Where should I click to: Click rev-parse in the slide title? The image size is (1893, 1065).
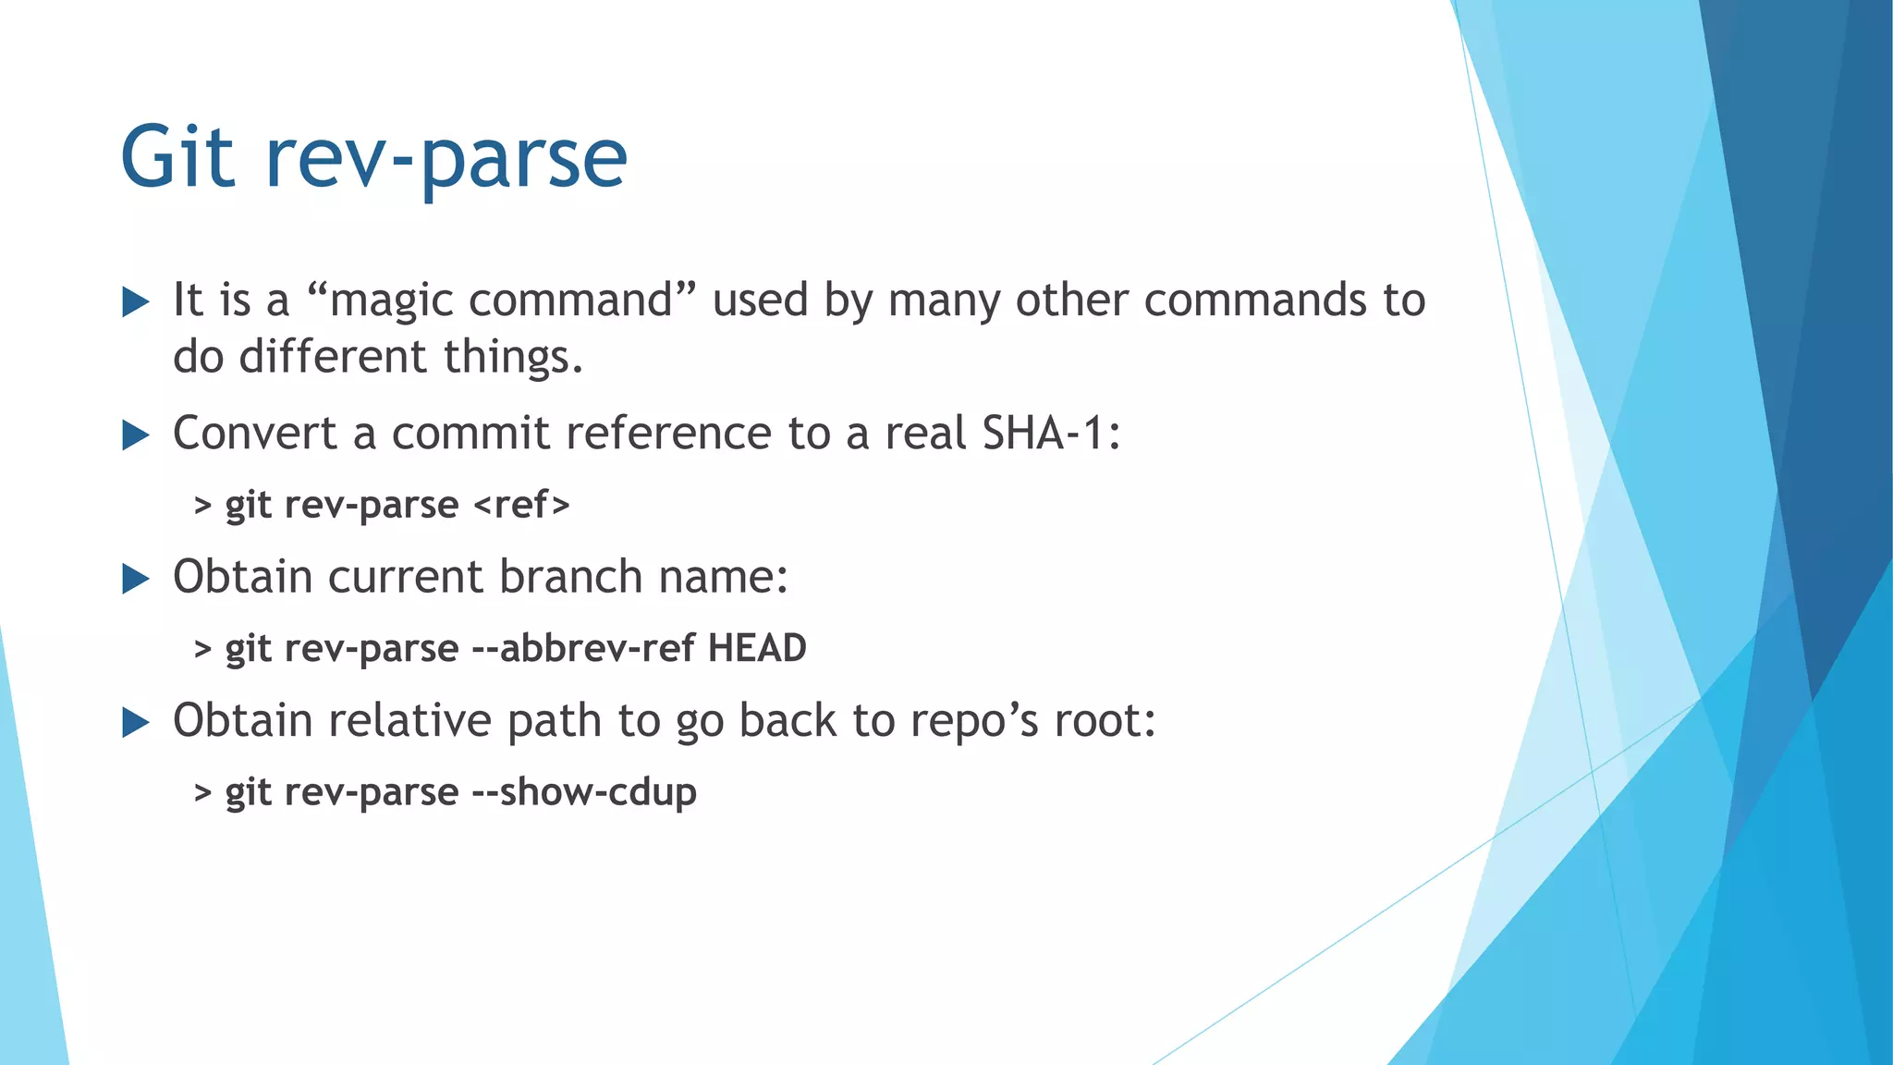tap(446, 159)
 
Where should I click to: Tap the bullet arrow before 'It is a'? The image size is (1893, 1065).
tap(136, 301)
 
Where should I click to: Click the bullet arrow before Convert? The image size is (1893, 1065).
tap(136, 435)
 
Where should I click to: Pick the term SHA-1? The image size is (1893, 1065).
tap(1052, 433)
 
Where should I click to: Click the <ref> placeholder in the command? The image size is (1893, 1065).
tap(521, 505)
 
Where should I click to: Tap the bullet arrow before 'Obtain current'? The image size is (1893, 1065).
tap(136, 579)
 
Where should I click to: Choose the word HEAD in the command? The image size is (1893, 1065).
tap(757, 648)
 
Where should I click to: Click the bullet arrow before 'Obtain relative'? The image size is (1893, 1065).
tap(136, 722)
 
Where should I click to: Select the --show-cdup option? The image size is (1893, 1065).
tap(584, 792)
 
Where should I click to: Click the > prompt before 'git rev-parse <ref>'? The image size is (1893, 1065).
tap(203, 506)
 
